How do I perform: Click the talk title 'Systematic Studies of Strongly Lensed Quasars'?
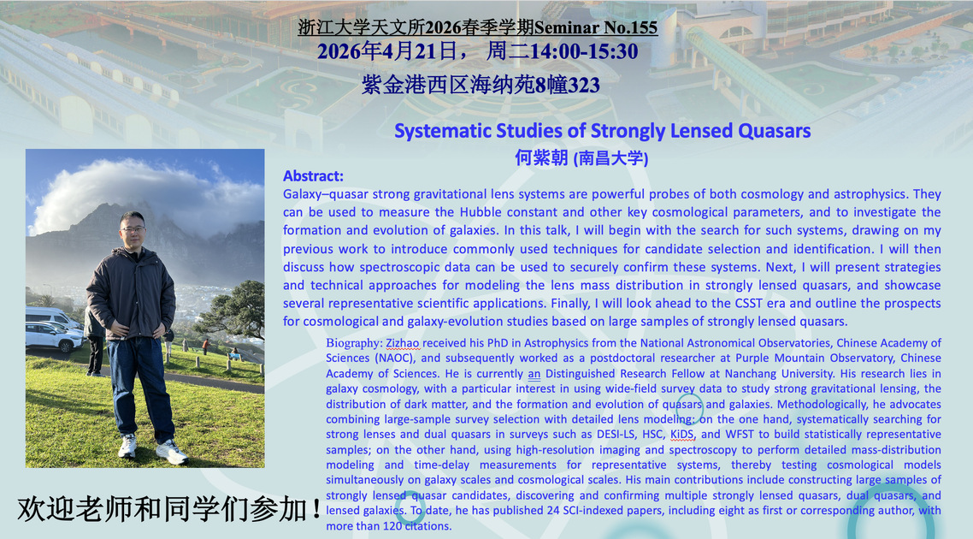click(603, 131)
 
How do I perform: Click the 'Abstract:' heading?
click(314, 175)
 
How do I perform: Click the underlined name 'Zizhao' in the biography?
click(403, 343)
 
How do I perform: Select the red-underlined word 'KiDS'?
click(682, 434)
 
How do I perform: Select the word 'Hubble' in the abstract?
click(480, 212)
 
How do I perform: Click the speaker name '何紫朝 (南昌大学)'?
click(581, 157)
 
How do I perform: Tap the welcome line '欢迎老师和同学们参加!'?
click(169, 509)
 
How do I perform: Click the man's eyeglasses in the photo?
click(133, 229)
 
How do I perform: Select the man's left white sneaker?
click(171, 452)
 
